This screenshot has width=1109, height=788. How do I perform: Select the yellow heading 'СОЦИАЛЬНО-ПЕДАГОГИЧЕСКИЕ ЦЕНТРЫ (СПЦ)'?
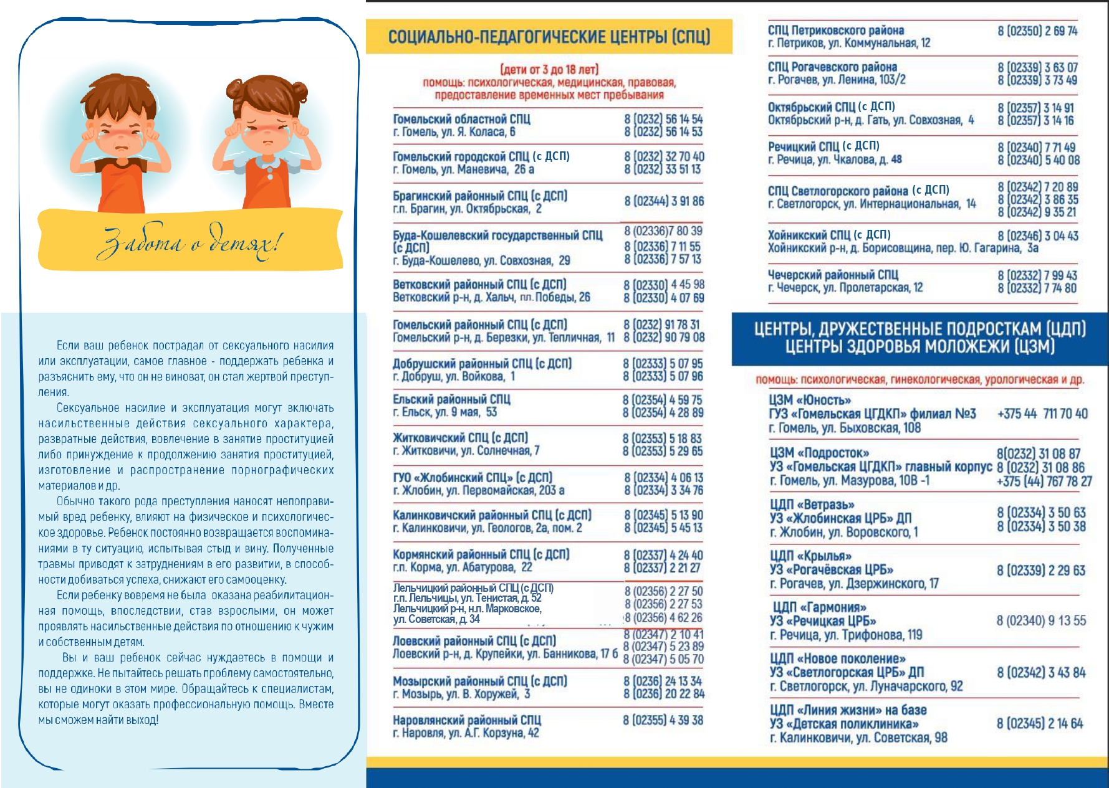549,37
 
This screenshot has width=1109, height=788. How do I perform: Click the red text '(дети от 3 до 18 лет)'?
549,69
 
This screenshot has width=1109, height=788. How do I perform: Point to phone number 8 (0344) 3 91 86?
664,201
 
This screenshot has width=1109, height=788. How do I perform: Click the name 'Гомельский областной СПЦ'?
461,119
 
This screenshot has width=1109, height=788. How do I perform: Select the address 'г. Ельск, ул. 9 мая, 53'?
444,412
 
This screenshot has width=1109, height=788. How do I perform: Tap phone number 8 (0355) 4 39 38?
663,720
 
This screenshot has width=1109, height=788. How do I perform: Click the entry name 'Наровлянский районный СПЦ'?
467,720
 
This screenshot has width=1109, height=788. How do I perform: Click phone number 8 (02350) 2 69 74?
1037,31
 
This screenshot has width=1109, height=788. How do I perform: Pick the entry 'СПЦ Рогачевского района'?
832,67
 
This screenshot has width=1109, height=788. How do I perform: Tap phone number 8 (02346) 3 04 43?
1038,236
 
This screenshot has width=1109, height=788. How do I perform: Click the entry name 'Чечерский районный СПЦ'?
833,275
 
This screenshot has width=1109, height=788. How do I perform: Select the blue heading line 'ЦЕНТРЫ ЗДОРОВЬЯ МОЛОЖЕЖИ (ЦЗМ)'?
919,347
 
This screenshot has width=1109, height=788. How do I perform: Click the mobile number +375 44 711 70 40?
1042,414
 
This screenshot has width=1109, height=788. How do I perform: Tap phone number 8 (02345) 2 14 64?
1040,723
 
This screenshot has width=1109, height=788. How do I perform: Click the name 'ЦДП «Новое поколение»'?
837,658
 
